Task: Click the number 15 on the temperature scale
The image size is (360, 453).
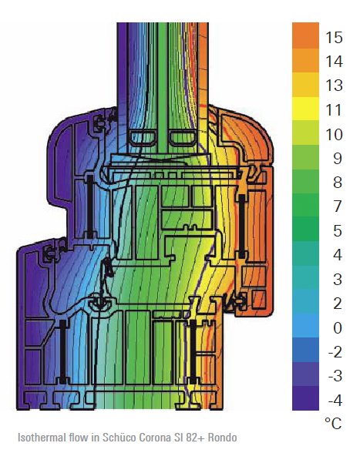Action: [x=334, y=38]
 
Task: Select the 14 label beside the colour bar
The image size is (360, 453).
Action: [x=334, y=62]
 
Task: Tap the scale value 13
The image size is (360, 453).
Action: [x=334, y=86]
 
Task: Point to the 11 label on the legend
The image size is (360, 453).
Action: [x=334, y=110]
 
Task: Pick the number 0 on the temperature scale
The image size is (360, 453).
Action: [x=338, y=328]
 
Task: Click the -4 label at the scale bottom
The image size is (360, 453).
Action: [x=335, y=401]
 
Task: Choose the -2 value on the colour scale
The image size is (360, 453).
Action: [x=335, y=352]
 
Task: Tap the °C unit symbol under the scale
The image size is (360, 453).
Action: [x=333, y=424]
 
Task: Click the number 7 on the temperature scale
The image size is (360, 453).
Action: [x=338, y=206]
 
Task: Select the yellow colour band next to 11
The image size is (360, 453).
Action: [x=305, y=109]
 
